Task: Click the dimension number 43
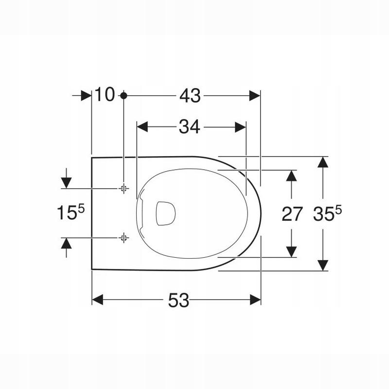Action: click(x=190, y=96)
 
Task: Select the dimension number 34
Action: click(x=189, y=127)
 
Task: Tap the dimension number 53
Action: click(x=178, y=300)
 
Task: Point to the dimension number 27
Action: click(x=292, y=214)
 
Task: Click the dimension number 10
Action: click(x=105, y=94)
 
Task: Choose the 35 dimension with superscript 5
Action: click(x=327, y=213)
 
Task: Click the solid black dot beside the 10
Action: click(x=124, y=95)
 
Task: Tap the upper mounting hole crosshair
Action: click(x=124, y=189)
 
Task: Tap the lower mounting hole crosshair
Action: click(x=124, y=238)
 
